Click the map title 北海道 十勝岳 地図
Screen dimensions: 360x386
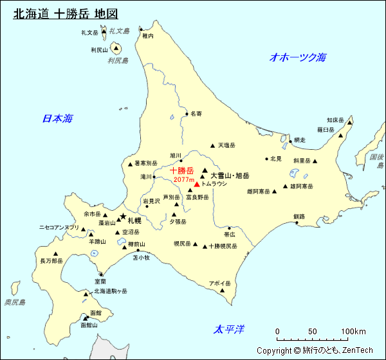(x=66, y=14)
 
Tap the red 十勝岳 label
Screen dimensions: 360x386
(x=181, y=170)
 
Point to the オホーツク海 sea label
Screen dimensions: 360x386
(x=298, y=57)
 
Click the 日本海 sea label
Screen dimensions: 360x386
(x=57, y=118)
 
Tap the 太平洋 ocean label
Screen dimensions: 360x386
(x=229, y=329)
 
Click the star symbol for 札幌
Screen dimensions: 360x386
(x=122, y=217)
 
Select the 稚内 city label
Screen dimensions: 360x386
(x=148, y=37)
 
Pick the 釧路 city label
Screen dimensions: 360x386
(x=299, y=216)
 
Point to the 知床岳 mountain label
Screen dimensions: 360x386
(x=335, y=120)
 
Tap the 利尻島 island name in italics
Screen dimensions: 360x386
(x=118, y=60)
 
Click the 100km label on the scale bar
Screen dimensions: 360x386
(x=353, y=332)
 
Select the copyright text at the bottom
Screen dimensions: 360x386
(x=315, y=350)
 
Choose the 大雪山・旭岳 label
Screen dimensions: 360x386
(x=230, y=175)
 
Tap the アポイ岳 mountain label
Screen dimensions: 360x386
(x=219, y=283)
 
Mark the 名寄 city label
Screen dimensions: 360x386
(x=196, y=113)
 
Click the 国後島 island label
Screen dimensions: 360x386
(x=376, y=161)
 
